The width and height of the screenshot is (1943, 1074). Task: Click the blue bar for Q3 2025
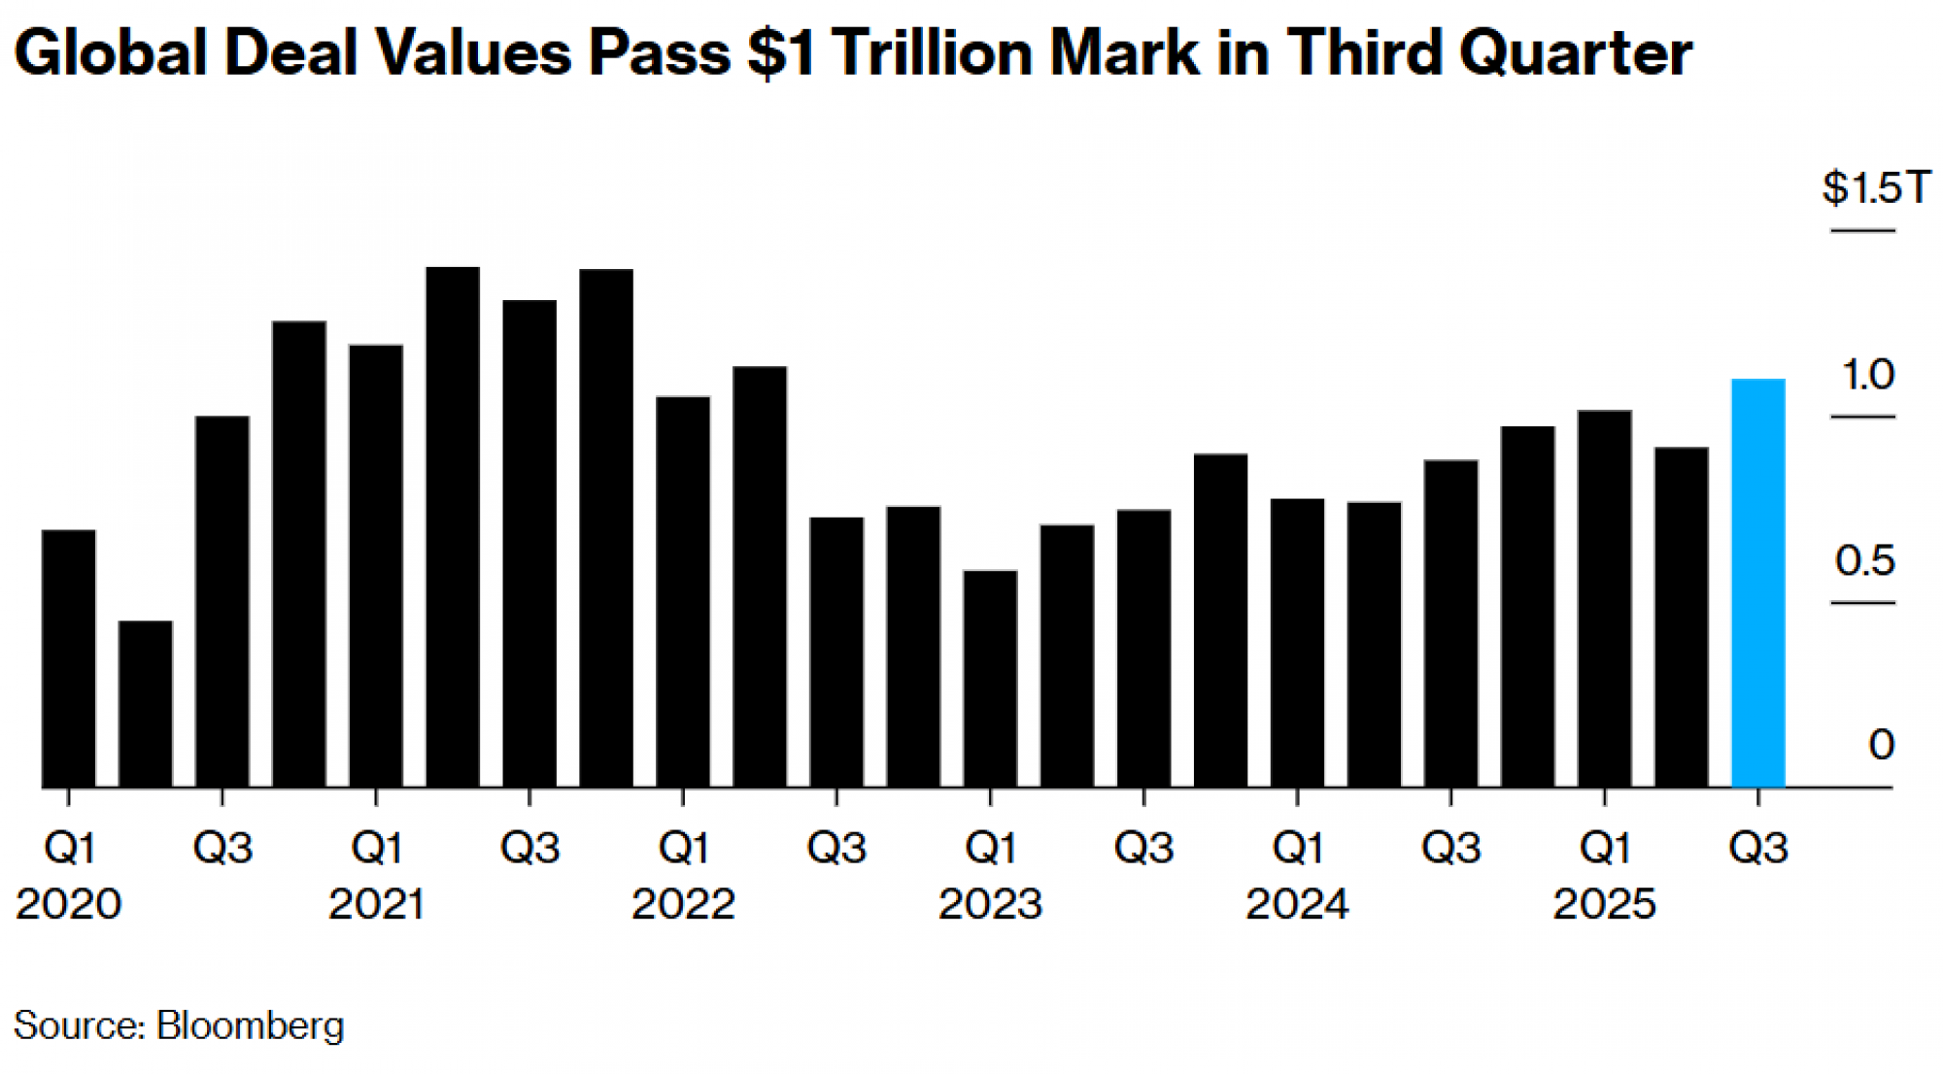1757,583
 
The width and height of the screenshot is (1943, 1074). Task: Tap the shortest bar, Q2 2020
146,704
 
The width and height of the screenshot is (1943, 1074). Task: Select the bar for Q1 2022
683,591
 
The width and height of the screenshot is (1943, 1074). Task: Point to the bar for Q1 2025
1604,598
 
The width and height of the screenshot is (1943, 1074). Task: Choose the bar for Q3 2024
1450,622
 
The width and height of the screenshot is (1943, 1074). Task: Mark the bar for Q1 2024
1297,642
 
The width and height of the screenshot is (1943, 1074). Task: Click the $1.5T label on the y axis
1876,187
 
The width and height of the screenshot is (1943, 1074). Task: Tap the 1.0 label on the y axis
1867,375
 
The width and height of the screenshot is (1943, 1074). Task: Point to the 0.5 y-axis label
1864,561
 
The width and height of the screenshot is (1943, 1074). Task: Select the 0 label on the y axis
1881,745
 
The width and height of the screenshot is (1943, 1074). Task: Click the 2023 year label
990,905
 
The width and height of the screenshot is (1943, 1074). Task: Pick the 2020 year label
69,905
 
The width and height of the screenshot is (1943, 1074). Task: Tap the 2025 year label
1604,905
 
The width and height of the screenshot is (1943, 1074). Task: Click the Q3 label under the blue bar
1757,849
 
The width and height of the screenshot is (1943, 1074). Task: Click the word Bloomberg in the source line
250,1026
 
